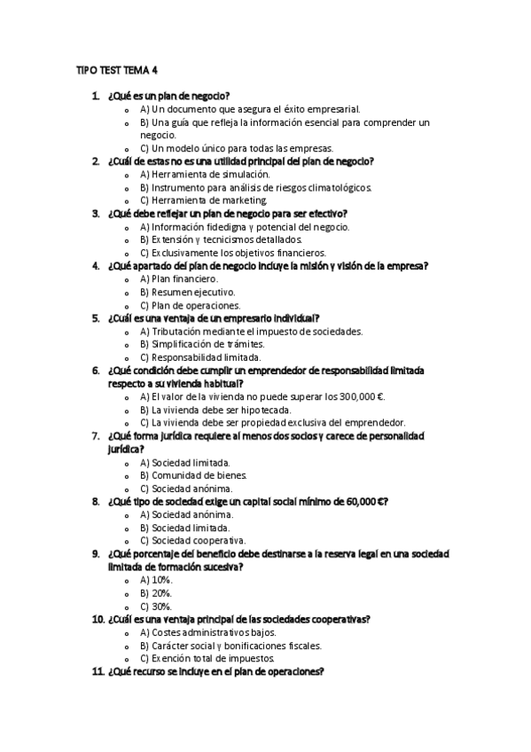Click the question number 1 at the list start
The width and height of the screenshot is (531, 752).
tap(95, 95)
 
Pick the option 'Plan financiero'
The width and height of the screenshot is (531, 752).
tap(179, 278)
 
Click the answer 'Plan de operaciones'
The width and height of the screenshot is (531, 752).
tap(190, 305)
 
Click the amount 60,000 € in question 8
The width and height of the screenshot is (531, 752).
tap(361, 501)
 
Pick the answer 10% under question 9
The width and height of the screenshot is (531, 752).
tap(156, 579)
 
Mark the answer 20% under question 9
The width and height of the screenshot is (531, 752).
tap(156, 592)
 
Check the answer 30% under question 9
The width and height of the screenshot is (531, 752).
tap(156, 606)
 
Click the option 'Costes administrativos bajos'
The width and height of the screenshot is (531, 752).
tap(214, 632)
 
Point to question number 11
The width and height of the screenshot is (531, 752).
tap(98, 671)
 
